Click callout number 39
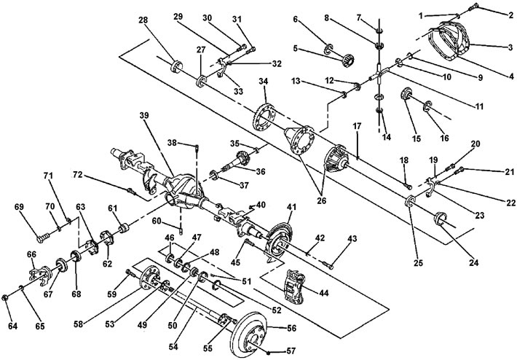(x=144, y=115)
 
